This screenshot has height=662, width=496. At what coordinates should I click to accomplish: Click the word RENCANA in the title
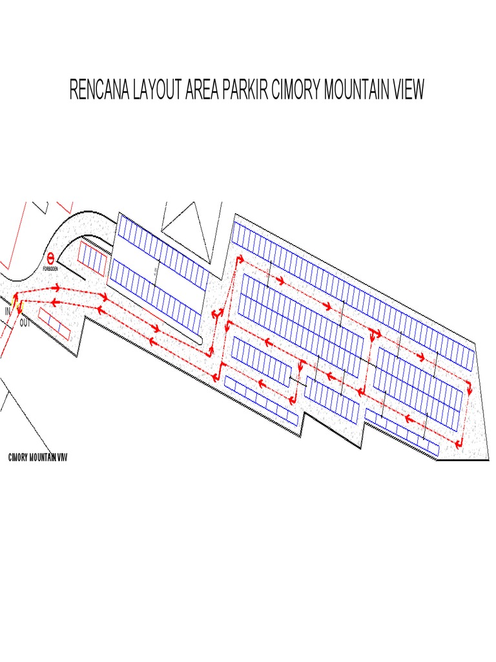pyautogui.click(x=99, y=90)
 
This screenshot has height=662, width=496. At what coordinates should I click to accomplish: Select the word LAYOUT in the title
pyautogui.click(x=157, y=90)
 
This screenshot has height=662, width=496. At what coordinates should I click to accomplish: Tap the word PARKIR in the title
pyautogui.click(x=244, y=90)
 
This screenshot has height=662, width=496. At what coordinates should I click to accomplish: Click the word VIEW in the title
pyautogui.click(x=407, y=90)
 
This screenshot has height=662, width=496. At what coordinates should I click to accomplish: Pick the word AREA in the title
pyautogui.click(x=202, y=90)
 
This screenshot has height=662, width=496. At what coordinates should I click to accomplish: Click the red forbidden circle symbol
pyautogui.click(x=50, y=257)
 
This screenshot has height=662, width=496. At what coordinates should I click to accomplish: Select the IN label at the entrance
pyautogui.click(x=8, y=312)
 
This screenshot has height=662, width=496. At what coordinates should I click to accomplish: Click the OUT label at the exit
pyautogui.click(x=25, y=322)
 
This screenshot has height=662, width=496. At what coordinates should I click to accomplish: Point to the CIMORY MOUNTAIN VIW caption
pyautogui.click(x=37, y=458)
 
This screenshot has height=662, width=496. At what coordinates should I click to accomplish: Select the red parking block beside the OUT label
pyautogui.click(x=54, y=323)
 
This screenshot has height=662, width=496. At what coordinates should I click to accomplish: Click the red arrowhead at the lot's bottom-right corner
pyautogui.click(x=460, y=444)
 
